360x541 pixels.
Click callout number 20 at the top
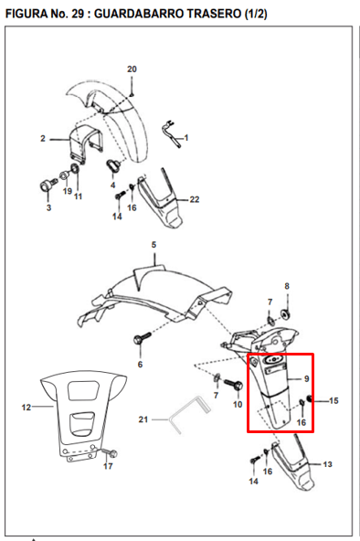[x=132, y=69]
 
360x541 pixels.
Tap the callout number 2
[x=43, y=139]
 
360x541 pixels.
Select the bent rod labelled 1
[x=172, y=133]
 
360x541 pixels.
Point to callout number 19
[x=68, y=191]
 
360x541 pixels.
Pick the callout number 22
[x=195, y=199]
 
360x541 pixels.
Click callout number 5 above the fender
[x=154, y=245]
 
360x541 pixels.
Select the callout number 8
[x=287, y=286]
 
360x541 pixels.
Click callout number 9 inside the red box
[x=307, y=379]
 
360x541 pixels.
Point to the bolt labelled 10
[x=234, y=385]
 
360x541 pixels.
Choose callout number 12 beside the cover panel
[x=26, y=408]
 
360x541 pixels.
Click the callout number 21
[x=143, y=419]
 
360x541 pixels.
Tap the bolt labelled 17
[x=111, y=452]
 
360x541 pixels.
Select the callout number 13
[x=327, y=464]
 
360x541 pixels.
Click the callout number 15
[x=334, y=400]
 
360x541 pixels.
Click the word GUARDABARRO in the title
[x=139, y=14]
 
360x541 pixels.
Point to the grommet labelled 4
[x=112, y=165]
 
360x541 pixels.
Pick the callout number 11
[x=78, y=196]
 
